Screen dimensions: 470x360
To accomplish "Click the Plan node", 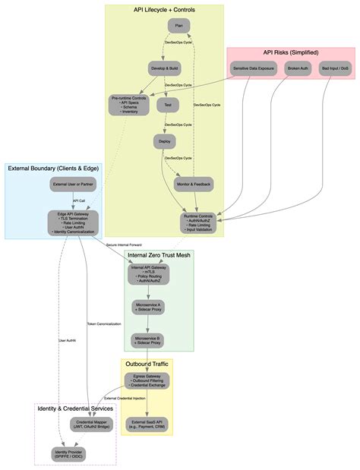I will coord(178,26).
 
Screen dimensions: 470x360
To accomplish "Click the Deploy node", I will coord(165,141).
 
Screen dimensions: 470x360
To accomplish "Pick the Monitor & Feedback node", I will coord(194,185).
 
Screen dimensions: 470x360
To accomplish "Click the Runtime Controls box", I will coord(198,223).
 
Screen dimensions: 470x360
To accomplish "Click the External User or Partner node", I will coord(73,185).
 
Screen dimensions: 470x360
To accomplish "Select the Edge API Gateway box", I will coord(73,223).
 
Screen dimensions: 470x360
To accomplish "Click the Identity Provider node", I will coord(68,455).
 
